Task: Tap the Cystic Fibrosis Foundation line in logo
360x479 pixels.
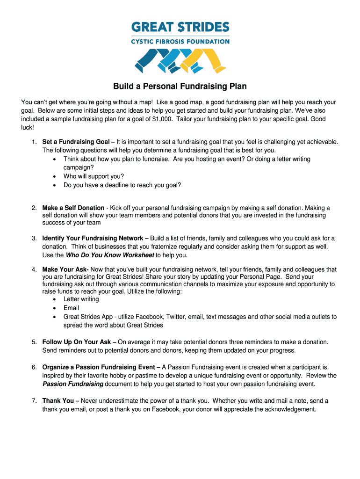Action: pyautogui.click(x=180, y=41)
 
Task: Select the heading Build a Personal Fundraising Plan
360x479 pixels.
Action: pyautogui.click(x=180, y=87)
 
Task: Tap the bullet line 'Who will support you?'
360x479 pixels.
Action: pyautogui.click(x=94, y=176)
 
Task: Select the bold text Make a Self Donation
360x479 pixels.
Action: pyautogui.click(x=73, y=208)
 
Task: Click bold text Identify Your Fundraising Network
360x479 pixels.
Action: pyautogui.click(x=93, y=238)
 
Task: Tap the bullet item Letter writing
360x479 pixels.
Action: pyautogui.click(x=81, y=299)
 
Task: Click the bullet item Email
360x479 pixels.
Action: pyautogui.click(x=72, y=308)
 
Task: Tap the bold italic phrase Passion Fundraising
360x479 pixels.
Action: pyautogui.click(x=73, y=384)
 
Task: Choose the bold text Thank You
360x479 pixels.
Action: pyautogui.click(x=58, y=400)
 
